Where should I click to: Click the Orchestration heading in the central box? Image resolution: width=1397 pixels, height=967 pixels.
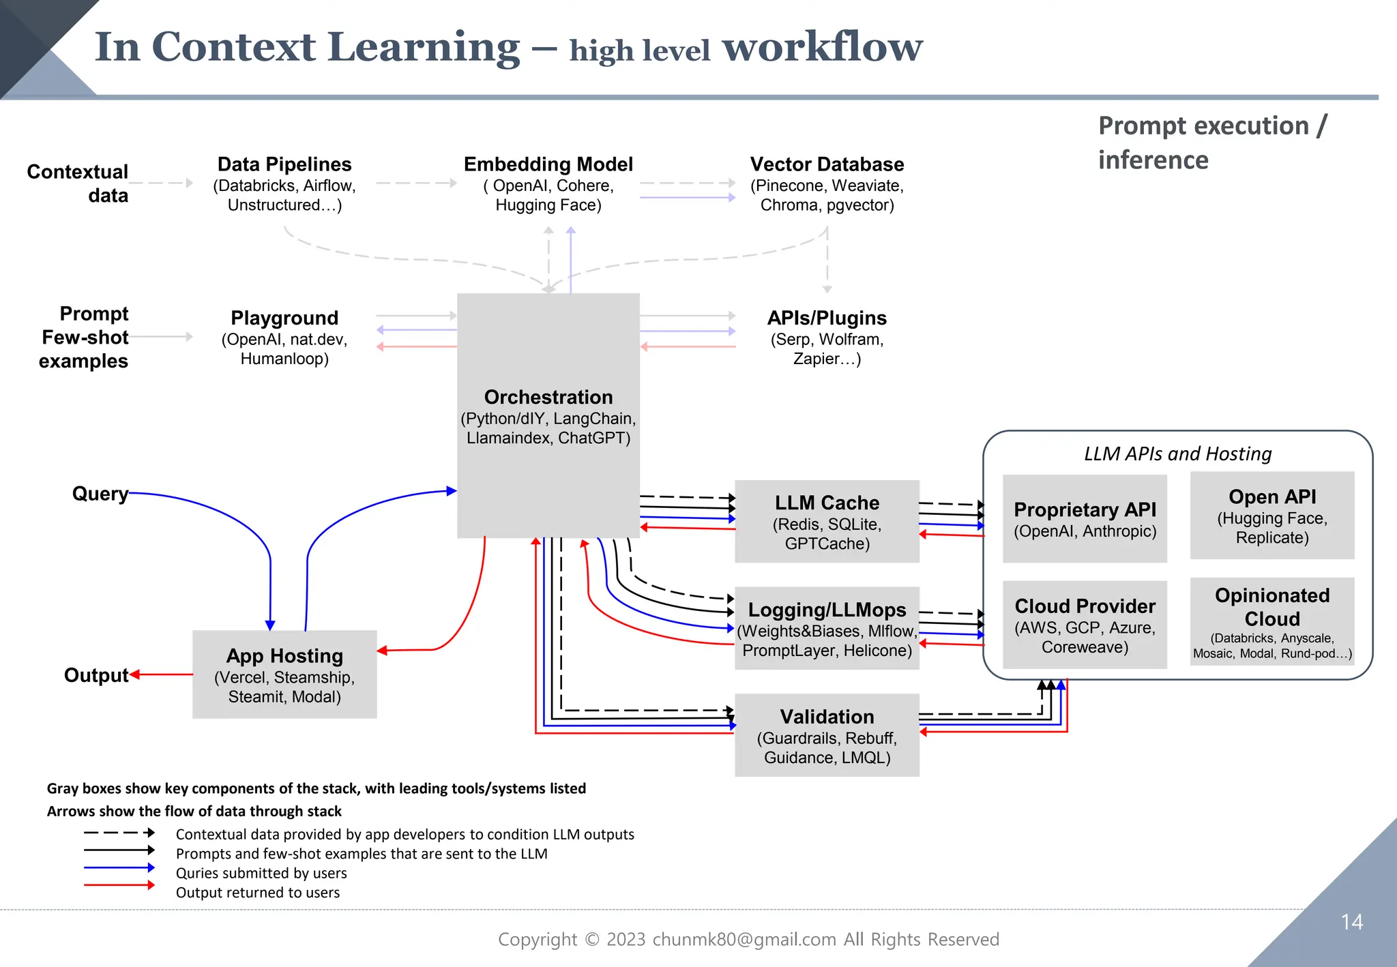tap(548, 397)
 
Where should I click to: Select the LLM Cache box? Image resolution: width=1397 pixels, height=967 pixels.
tap(827, 522)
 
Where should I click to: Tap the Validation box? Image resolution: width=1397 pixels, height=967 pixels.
tap(827, 735)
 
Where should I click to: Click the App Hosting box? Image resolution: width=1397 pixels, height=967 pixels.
tap(284, 674)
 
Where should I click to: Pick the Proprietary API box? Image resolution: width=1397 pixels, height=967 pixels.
tap(1085, 519)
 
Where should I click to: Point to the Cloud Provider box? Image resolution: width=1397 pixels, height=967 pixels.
tap(1085, 625)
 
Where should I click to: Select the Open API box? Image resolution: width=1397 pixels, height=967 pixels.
tap(1272, 516)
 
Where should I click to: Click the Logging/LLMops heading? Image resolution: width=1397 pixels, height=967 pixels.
tap(827, 610)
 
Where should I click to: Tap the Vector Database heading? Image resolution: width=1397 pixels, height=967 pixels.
tap(827, 164)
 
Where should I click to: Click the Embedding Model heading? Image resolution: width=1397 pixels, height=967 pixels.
tap(548, 164)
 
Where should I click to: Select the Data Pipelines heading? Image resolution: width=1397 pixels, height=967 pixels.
tap(284, 164)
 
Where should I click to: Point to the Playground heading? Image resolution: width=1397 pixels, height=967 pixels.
tap(284, 318)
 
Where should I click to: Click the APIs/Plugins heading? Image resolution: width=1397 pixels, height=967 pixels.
tap(827, 318)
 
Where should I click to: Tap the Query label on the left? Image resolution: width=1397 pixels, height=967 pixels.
tap(100, 494)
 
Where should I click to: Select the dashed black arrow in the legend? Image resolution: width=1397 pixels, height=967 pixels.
tap(119, 833)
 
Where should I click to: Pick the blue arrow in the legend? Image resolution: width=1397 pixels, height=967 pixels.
tap(119, 867)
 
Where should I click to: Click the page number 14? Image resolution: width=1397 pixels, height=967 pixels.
tap(1351, 922)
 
